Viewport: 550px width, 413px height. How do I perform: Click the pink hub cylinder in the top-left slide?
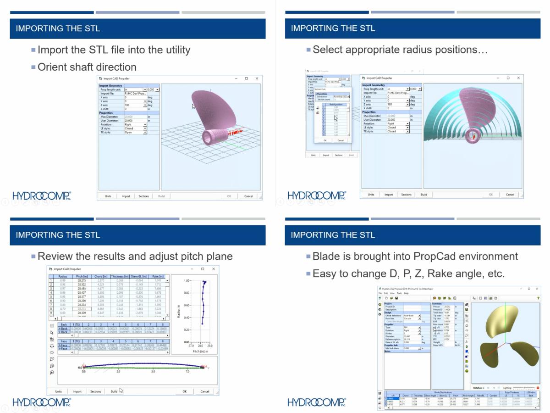point(213,135)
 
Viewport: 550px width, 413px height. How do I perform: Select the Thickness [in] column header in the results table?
point(120,277)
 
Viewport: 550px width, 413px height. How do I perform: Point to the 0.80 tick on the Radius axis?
point(187,293)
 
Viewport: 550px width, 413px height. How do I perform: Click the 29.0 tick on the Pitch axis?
point(209,346)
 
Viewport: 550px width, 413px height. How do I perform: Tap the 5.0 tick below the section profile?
point(153,371)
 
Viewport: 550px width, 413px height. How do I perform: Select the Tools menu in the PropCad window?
point(400,293)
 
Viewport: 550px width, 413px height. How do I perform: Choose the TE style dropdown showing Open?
point(136,132)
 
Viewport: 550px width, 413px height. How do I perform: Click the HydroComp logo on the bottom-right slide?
point(317,402)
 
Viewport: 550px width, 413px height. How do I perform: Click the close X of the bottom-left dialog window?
point(214,269)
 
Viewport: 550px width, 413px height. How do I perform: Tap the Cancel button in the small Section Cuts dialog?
point(341,140)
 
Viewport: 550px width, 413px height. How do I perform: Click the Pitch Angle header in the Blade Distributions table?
point(468,395)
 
